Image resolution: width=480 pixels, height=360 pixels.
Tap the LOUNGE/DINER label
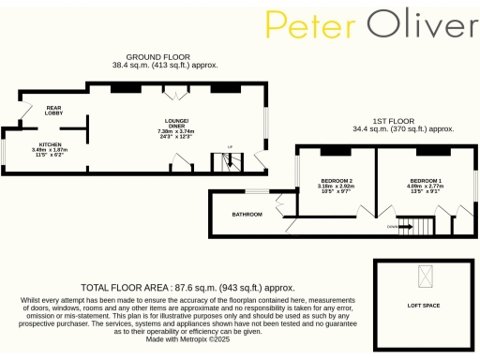pos(175,125)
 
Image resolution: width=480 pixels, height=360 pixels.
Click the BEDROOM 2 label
pos(336,180)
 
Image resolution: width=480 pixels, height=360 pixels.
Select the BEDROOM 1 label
pos(427,180)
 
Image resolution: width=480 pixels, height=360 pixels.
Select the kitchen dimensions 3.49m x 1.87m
pos(51,150)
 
